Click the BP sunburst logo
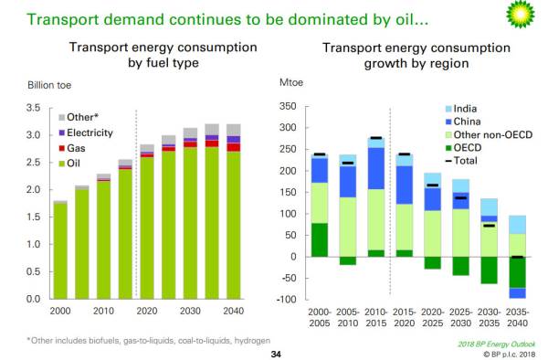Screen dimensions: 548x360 click(521, 15)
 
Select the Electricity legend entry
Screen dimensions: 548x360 click(86, 132)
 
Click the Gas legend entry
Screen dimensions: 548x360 click(72, 148)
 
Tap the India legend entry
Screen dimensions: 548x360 click(461, 109)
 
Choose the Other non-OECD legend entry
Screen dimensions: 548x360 click(489, 135)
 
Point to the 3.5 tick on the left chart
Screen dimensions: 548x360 click(33, 108)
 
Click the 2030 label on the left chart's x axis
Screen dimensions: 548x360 click(190, 311)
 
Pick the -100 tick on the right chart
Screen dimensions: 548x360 click(286, 300)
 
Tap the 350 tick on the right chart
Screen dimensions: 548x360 click(288, 106)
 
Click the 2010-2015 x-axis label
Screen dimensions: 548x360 click(376, 317)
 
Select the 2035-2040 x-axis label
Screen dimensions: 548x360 click(517, 317)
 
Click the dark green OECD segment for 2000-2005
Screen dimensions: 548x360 click(320, 239)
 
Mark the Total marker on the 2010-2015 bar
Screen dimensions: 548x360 click(376, 138)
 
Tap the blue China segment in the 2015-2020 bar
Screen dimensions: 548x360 click(405, 185)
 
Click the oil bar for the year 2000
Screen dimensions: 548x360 click(60, 251)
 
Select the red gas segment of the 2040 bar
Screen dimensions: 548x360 click(234, 147)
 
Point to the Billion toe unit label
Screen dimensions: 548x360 click(49, 85)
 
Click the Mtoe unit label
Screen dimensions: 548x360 click(291, 82)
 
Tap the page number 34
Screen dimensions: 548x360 click(276, 355)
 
